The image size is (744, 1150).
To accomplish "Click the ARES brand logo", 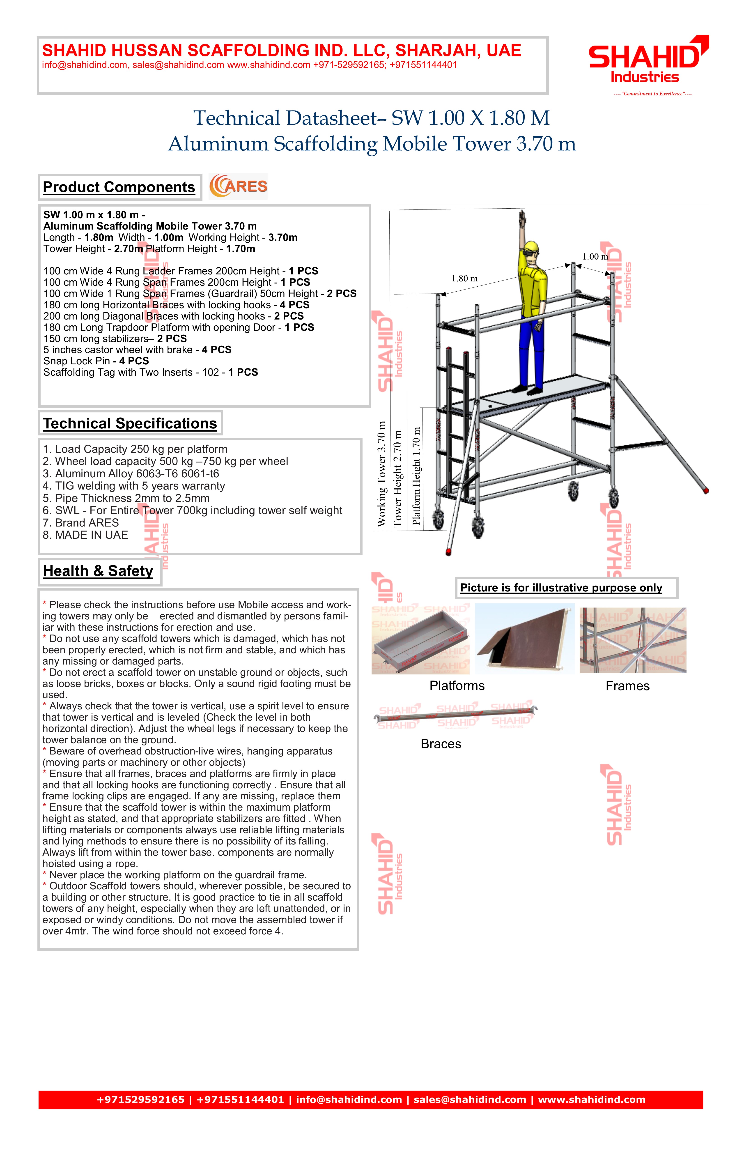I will (238, 186).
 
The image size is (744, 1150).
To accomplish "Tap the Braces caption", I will (441, 744).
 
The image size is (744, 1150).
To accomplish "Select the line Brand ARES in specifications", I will (81, 523).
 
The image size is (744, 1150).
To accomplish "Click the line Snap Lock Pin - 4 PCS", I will (96, 361).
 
